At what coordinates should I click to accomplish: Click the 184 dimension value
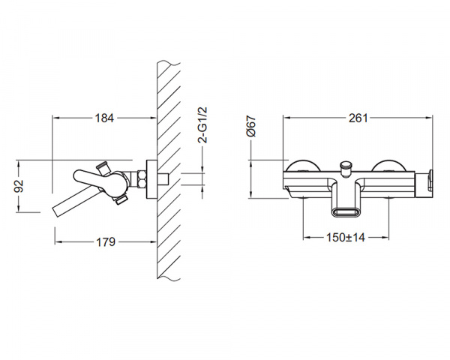tap(104, 118)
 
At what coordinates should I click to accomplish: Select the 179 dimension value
tap(105, 242)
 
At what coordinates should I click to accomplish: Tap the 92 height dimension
tap(19, 186)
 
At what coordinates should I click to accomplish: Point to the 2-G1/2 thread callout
tap(202, 124)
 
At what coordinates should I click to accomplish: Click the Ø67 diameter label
tap(250, 126)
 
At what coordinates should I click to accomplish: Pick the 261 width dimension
tap(358, 118)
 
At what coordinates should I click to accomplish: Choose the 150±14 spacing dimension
tap(346, 238)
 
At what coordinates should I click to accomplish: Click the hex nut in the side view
tap(142, 179)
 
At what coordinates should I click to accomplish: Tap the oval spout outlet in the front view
tap(346, 213)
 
